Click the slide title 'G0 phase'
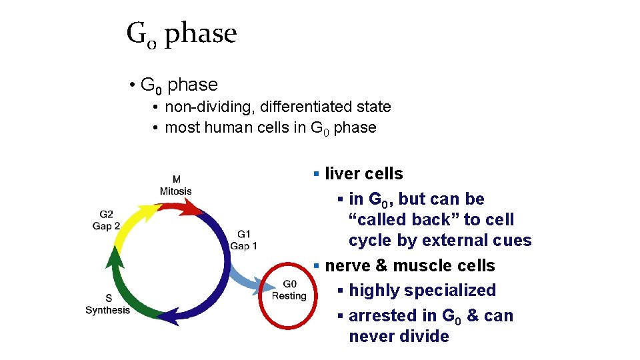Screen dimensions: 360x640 pos(181,33)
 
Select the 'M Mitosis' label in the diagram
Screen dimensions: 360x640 pos(175,185)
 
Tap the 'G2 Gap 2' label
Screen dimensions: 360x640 pos(106,220)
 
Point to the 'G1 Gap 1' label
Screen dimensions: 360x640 pos(244,240)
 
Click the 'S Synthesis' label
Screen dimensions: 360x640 pos(107,304)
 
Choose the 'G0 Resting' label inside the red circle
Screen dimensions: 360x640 pos(289,290)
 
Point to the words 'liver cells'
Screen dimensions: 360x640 pos(363,174)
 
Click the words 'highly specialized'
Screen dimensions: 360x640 pos(422,291)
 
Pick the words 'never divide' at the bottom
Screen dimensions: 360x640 pos(399,337)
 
